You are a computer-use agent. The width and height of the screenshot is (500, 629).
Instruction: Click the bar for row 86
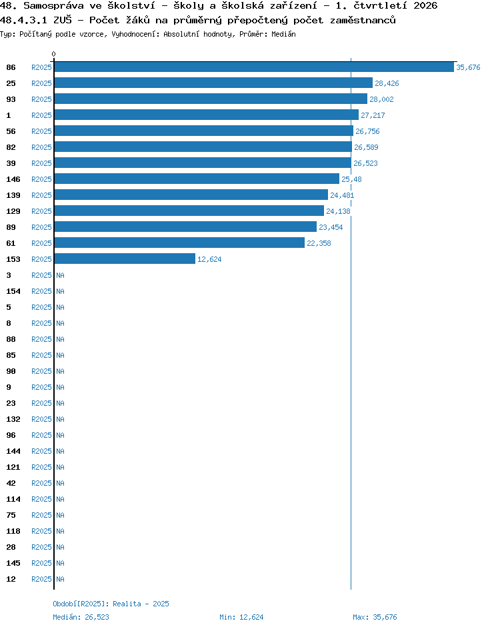(x=254, y=67)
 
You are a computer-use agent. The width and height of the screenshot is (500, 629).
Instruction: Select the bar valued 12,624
(x=125, y=259)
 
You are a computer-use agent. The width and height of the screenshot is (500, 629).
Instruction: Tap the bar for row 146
(x=197, y=179)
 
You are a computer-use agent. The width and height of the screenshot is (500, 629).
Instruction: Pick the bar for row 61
(x=179, y=243)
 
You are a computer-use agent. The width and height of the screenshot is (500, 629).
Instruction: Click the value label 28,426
(x=387, y=83)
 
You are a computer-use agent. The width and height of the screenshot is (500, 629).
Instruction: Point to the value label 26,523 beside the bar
(x=365, y=163)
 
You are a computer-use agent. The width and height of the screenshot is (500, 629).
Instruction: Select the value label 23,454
(x=331, y=227)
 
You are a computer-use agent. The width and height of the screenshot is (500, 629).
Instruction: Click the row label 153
(x=13, y=259)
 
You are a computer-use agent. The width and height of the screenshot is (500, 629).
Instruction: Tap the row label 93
(x=11, y=99)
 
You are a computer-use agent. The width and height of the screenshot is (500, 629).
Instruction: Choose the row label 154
(x=13, y=291)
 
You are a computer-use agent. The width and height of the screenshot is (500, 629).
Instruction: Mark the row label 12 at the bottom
(x=11, y=579)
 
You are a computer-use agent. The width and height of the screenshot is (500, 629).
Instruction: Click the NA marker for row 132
(x=60, y=419)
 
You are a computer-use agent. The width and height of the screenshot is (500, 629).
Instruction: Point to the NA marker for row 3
(x=60, y=275)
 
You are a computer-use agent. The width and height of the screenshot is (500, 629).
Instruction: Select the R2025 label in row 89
(x=42, y=227)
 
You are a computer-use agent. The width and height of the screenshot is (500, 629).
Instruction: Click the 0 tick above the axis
(x=54, y=54)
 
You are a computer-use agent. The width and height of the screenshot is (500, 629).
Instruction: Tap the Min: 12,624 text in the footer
(x=241, y=617)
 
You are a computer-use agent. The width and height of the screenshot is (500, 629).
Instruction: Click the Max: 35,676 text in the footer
(x=375, y=617)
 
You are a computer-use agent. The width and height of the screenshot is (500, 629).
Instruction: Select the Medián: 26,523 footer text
(x=81, y=617)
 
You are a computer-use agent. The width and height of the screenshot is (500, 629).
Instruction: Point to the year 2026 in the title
(x=425, y=5)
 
